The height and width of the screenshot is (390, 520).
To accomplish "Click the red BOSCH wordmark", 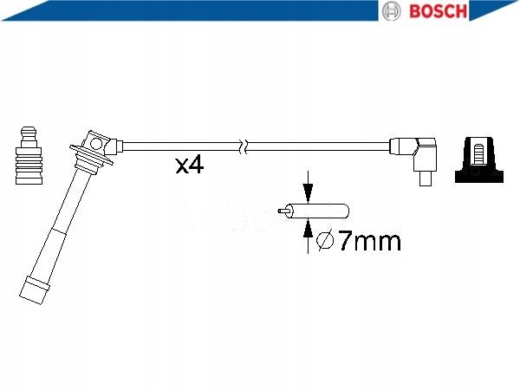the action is (438, 11).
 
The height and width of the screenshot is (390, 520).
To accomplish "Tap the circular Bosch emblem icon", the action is (392, 11).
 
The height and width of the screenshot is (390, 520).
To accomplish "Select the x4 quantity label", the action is (189, 166).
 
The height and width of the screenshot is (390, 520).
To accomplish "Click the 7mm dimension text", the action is (369, 241).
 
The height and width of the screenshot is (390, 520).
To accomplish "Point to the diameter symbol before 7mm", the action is (325, 241).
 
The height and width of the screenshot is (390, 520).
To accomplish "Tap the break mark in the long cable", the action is (244, 146).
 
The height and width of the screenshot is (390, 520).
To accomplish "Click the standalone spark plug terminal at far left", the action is (29, 155).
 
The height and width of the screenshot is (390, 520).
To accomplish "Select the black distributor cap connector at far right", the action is (479, 159).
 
